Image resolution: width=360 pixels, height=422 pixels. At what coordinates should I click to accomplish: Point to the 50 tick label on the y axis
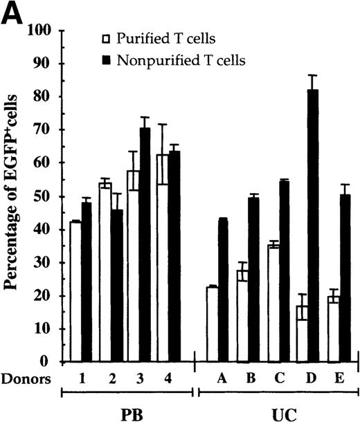(46, 196)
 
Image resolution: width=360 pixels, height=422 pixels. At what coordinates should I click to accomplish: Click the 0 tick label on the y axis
(50, 362)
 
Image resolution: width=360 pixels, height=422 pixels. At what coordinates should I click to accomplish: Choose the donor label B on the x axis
(261, 378)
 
